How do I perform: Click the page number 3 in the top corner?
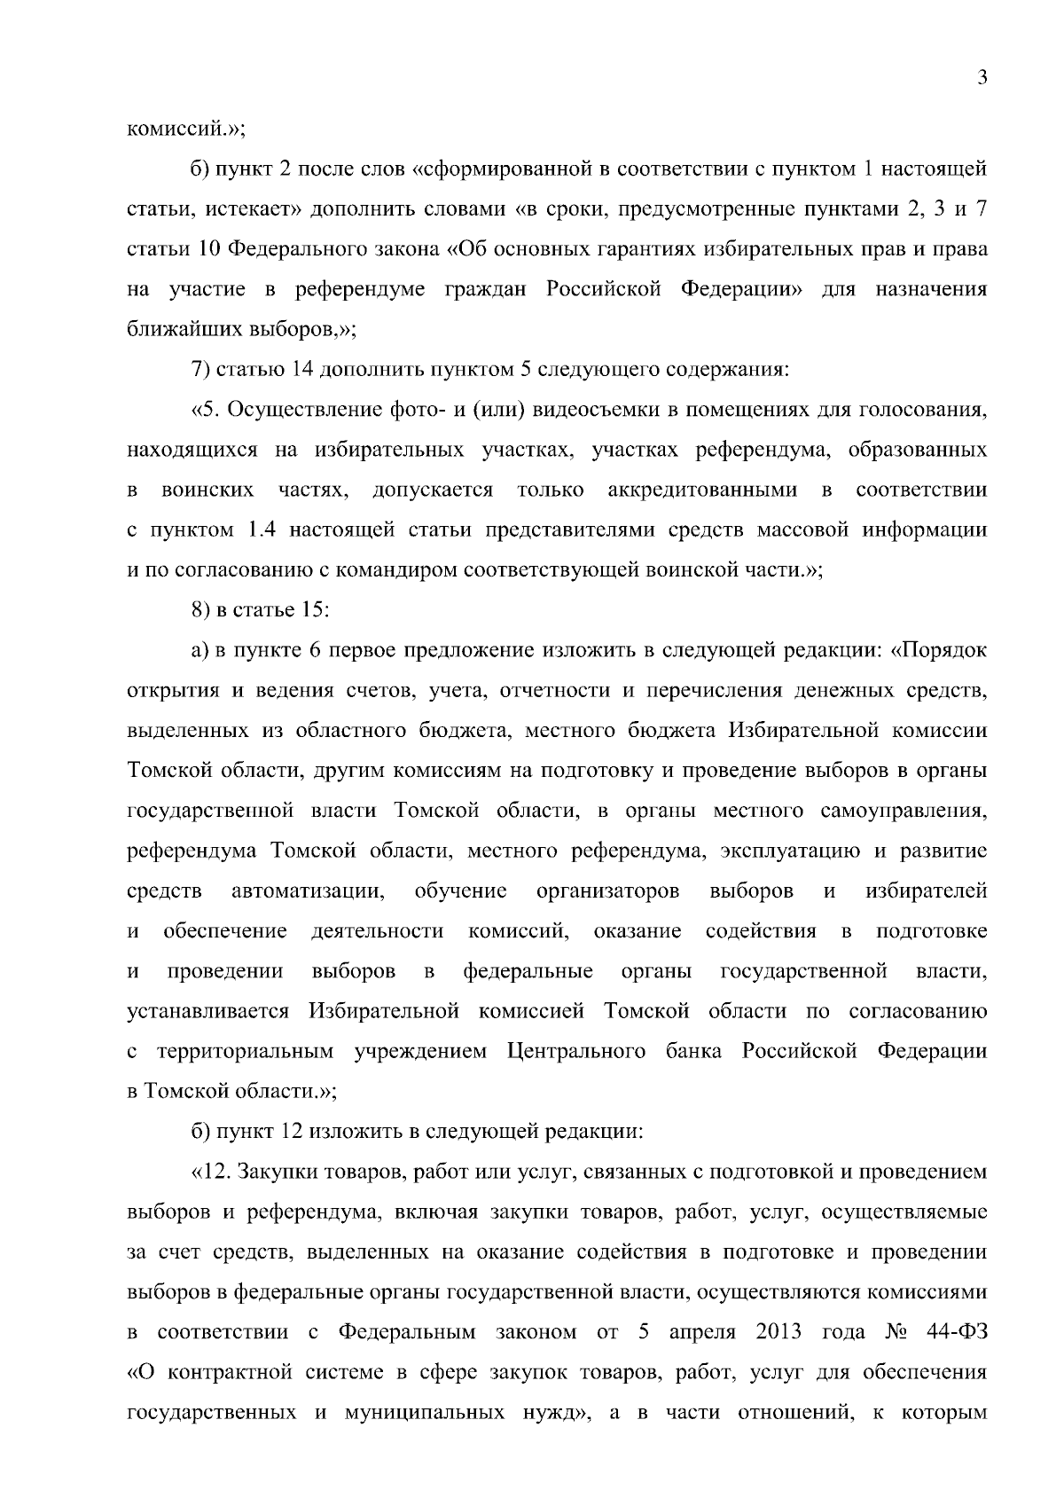(x=982, y=78)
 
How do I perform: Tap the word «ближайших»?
(x=168, y=329)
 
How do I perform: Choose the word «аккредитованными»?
(x=702, y=490)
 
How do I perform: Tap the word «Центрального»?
(x=576, y=1052)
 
